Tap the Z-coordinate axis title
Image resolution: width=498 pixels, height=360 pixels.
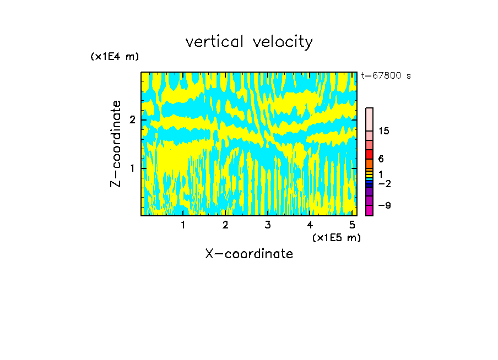(x=116, y=144)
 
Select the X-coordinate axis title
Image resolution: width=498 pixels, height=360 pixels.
(x=249, y=254)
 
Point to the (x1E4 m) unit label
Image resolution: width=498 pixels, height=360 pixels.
(x=115, y=57)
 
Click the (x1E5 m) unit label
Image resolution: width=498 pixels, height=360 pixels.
(x=336, y=237)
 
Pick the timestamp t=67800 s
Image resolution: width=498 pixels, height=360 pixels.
(x=386, y=76)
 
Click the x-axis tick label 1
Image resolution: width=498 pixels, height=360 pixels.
(x=183, y=225)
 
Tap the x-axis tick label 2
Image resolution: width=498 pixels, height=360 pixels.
(x=225, y=225)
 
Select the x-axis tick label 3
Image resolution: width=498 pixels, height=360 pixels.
(x=268, y=225)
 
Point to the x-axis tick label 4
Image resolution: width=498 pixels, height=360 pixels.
(x=310, y=225)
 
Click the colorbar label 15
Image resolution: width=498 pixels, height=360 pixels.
(x=384, y=131)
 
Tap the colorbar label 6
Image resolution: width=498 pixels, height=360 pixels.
(x=381, y=159)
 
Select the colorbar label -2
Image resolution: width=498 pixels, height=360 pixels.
(x=384, y=183)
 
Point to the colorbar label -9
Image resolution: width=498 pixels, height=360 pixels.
(x=384, y=205)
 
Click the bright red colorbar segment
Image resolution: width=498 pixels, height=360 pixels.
(x=369, y=154)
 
